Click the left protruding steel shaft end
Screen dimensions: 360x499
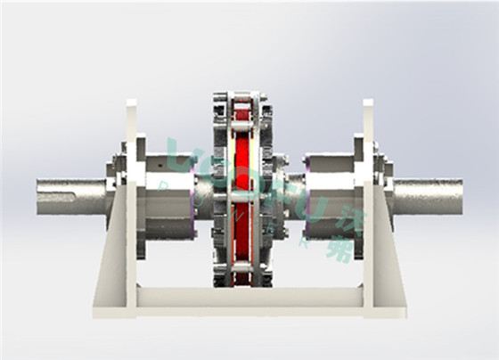pyautogui.click(x=67, y=197)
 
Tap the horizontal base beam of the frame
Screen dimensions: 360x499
pyautogui.click(x=250, y=297)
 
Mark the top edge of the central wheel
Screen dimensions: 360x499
pyautogui.click(x=241, y=94)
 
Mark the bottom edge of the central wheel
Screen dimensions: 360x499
pyautogui.click(x=241, y=284)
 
